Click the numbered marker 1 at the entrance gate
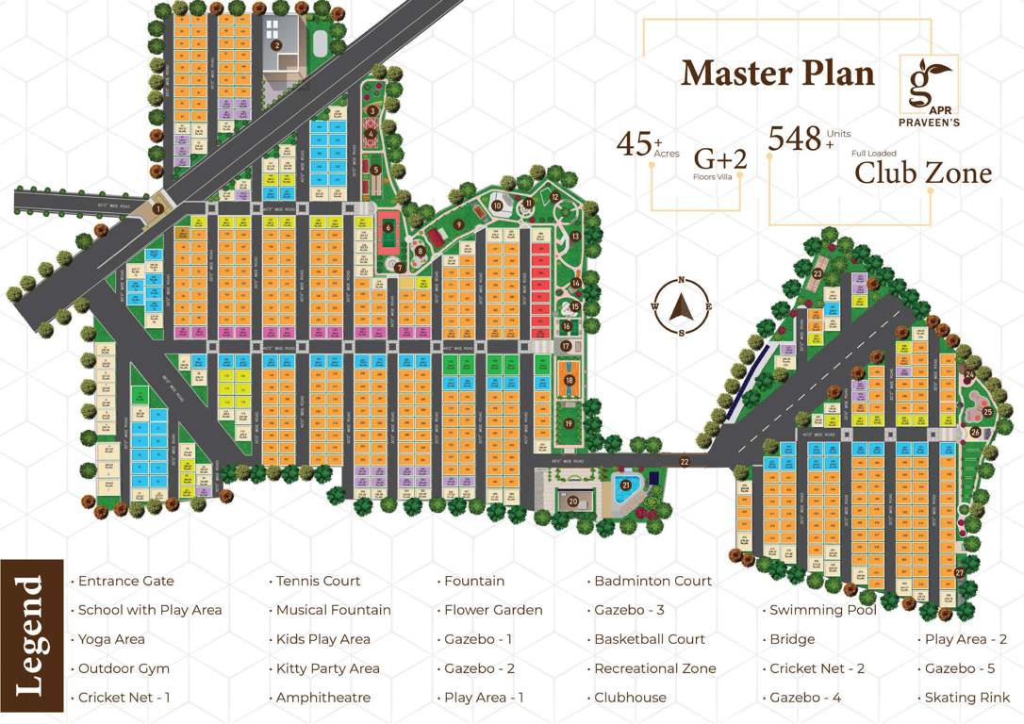pos(158,209)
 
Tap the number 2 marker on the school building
pos(276,44)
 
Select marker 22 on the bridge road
pos(685,461)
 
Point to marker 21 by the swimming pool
pos(625,485)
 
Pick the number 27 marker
pos(959,573)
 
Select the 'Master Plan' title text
pos(777,73)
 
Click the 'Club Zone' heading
pos(923,173)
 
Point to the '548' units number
pos(795,139)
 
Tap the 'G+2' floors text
pos(720,158)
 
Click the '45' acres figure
pos(634,144)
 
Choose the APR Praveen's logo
pos(930,86)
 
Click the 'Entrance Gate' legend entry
pos(125,581)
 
